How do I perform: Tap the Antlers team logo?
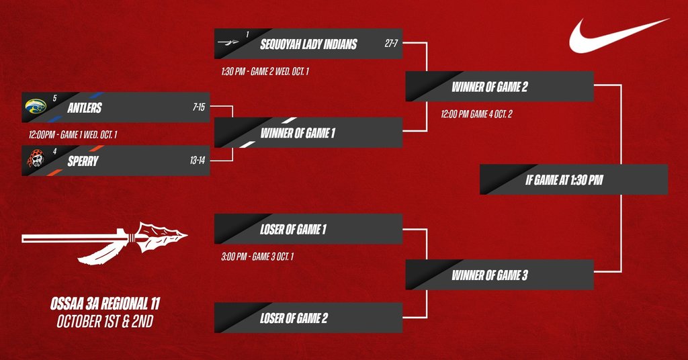click(35, 106)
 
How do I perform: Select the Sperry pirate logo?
click(36, 159)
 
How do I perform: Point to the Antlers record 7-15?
click(200, 107)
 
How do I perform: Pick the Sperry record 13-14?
click(198, 161)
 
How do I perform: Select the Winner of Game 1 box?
click(308, 133)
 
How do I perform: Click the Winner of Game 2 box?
click(499, 87)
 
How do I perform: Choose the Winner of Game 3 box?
click(499, 275)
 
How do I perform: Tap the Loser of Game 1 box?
click(308, 229)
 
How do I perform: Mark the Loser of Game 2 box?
click(308, 318)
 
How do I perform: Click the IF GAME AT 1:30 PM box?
click(574, 180)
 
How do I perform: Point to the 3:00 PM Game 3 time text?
click(258, 257)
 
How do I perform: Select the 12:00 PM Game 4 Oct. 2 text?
click(476, 115)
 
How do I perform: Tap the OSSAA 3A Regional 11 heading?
click(103, 304)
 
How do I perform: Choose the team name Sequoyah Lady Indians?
click(308, 44)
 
